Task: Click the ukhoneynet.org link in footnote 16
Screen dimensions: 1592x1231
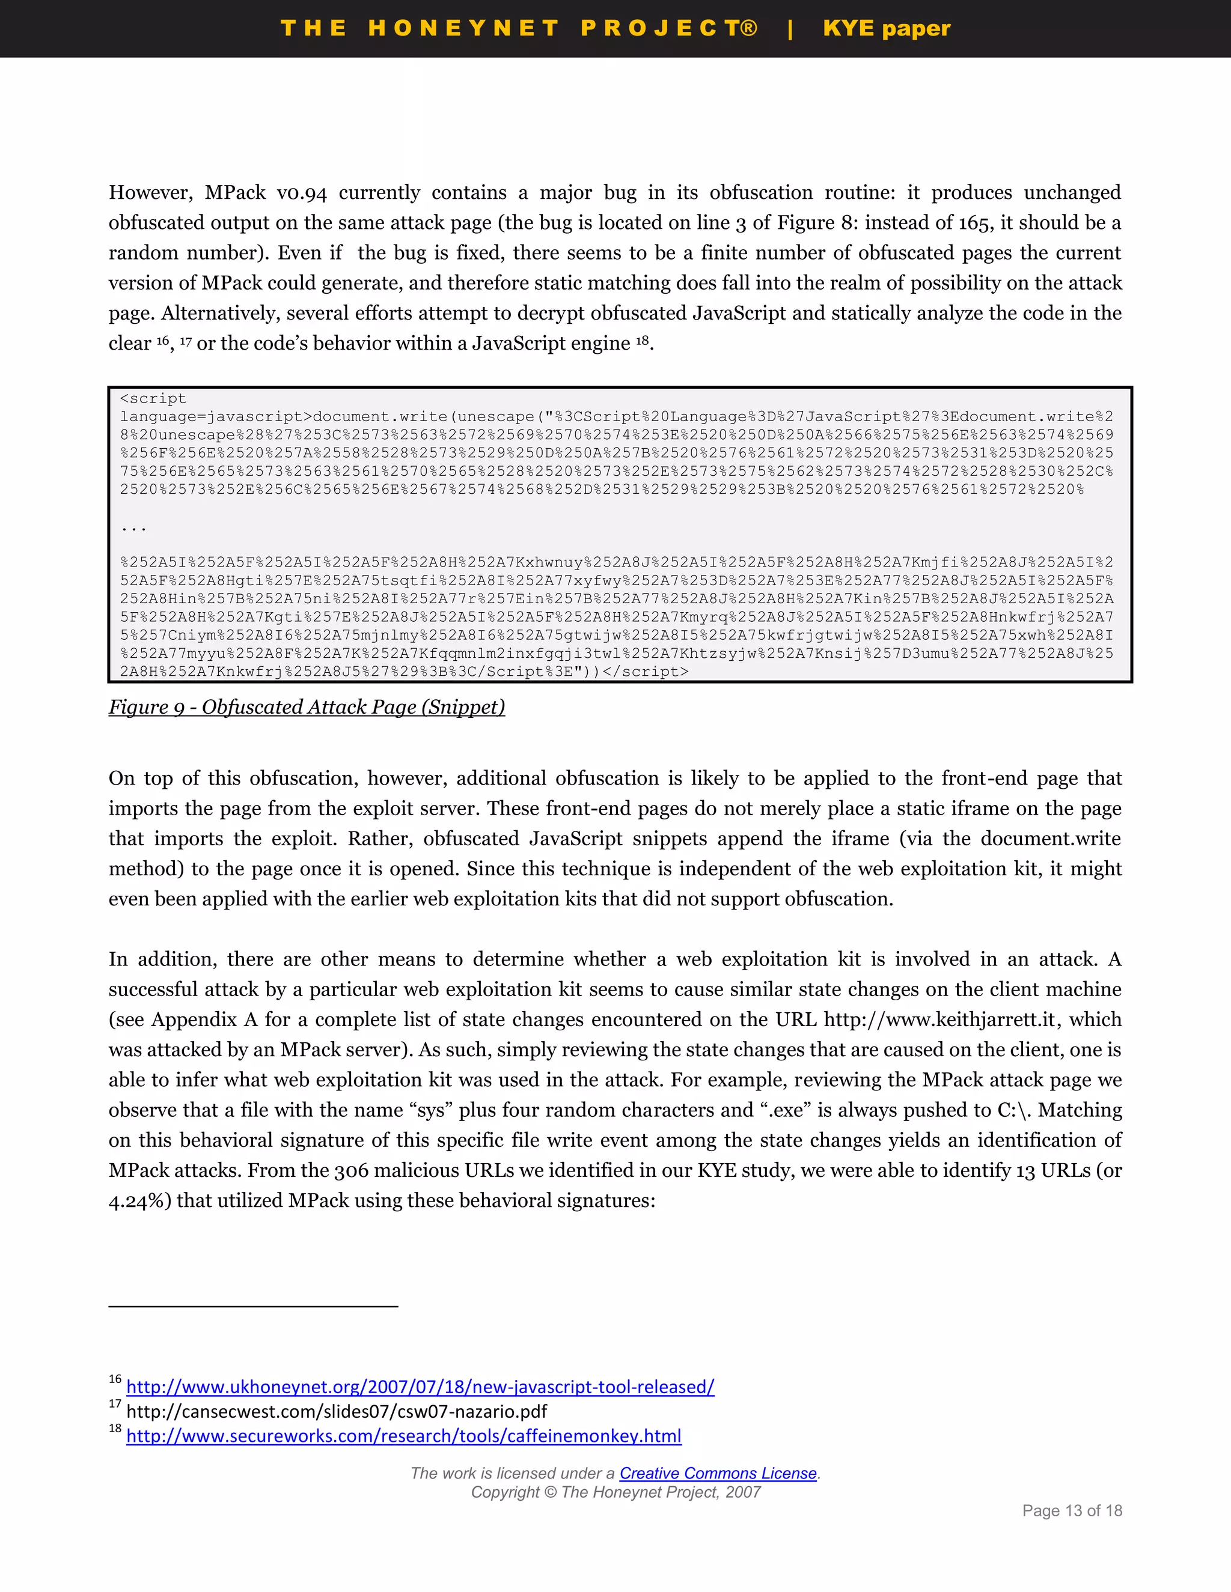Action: pos(420,1387)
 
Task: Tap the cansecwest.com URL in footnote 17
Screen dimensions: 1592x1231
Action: pos(336,1411)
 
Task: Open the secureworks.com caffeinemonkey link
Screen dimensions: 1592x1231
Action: pos(403,1436)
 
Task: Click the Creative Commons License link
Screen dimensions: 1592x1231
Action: pos(718,1473)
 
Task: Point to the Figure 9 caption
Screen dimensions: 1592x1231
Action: pos(307,707)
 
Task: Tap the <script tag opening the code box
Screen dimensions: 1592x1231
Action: pos(153,399)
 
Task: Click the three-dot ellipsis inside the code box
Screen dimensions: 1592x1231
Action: pos(133,527)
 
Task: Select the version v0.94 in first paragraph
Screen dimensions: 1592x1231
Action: pos(302,193)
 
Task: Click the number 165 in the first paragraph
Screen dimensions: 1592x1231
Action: pos(973,223)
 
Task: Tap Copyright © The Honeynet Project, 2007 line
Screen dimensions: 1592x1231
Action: pos(615,1492)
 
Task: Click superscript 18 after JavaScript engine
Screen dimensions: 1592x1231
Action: pos(642,339)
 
